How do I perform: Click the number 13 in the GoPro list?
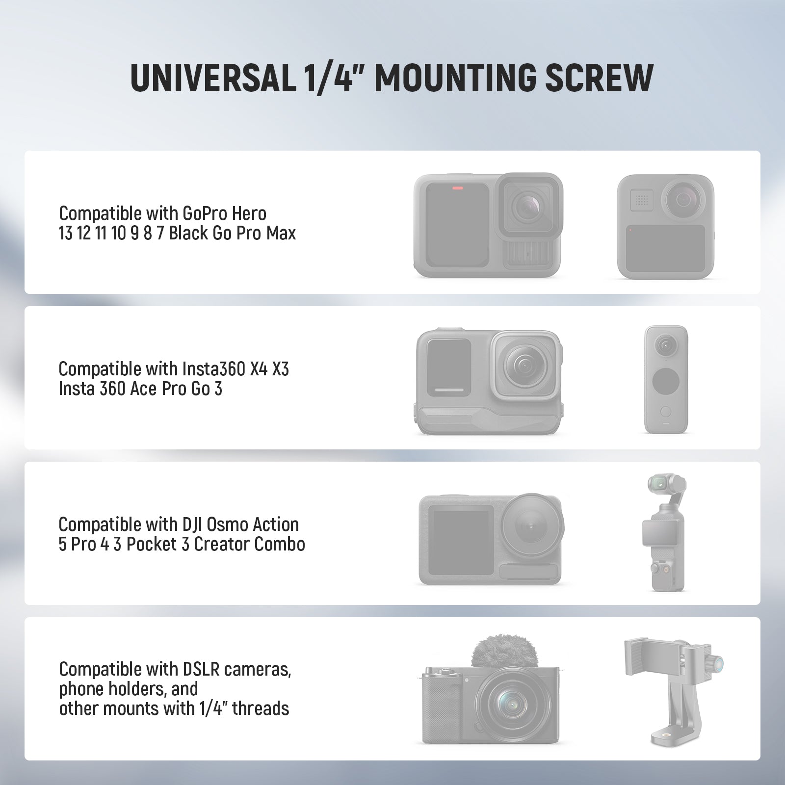(66, 234)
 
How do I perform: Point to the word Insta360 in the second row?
(213, 369)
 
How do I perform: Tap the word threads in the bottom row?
(261, 708)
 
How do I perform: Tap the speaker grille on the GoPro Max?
(641, 200)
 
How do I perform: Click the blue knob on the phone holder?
(717, 665)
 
